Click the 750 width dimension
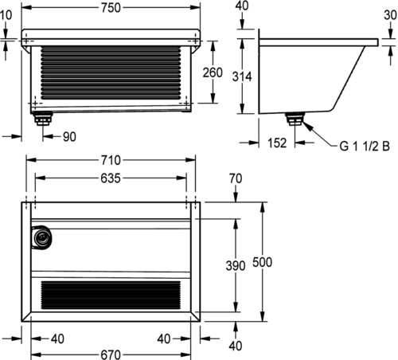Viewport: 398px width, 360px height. pos(111,8)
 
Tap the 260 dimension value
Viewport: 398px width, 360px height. pos(213,72)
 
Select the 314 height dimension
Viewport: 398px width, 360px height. pos(242,76)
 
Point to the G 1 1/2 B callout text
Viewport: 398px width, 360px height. pos(365,147)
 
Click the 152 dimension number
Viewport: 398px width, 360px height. pos(277,143)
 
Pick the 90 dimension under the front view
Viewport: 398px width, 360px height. pos(69,137)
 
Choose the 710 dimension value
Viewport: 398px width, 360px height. pos(111,160)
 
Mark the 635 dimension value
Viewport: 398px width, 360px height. pos(111,178)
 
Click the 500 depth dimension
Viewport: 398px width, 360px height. pos(262,262)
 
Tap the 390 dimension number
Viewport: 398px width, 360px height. pos(236,266)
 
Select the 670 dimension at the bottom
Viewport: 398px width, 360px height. pos(111,354)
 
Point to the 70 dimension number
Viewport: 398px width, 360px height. pos(236,178)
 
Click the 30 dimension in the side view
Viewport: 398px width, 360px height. pos(390,15)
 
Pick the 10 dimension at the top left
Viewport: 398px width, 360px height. pos(6,15)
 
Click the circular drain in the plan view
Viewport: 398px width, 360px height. pos(41,237)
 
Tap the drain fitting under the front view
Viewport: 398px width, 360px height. pos(42,119)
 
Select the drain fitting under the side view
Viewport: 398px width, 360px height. pos(295,119)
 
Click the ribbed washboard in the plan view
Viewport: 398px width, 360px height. pos(111,295)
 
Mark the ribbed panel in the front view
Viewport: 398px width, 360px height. pos(111,72)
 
